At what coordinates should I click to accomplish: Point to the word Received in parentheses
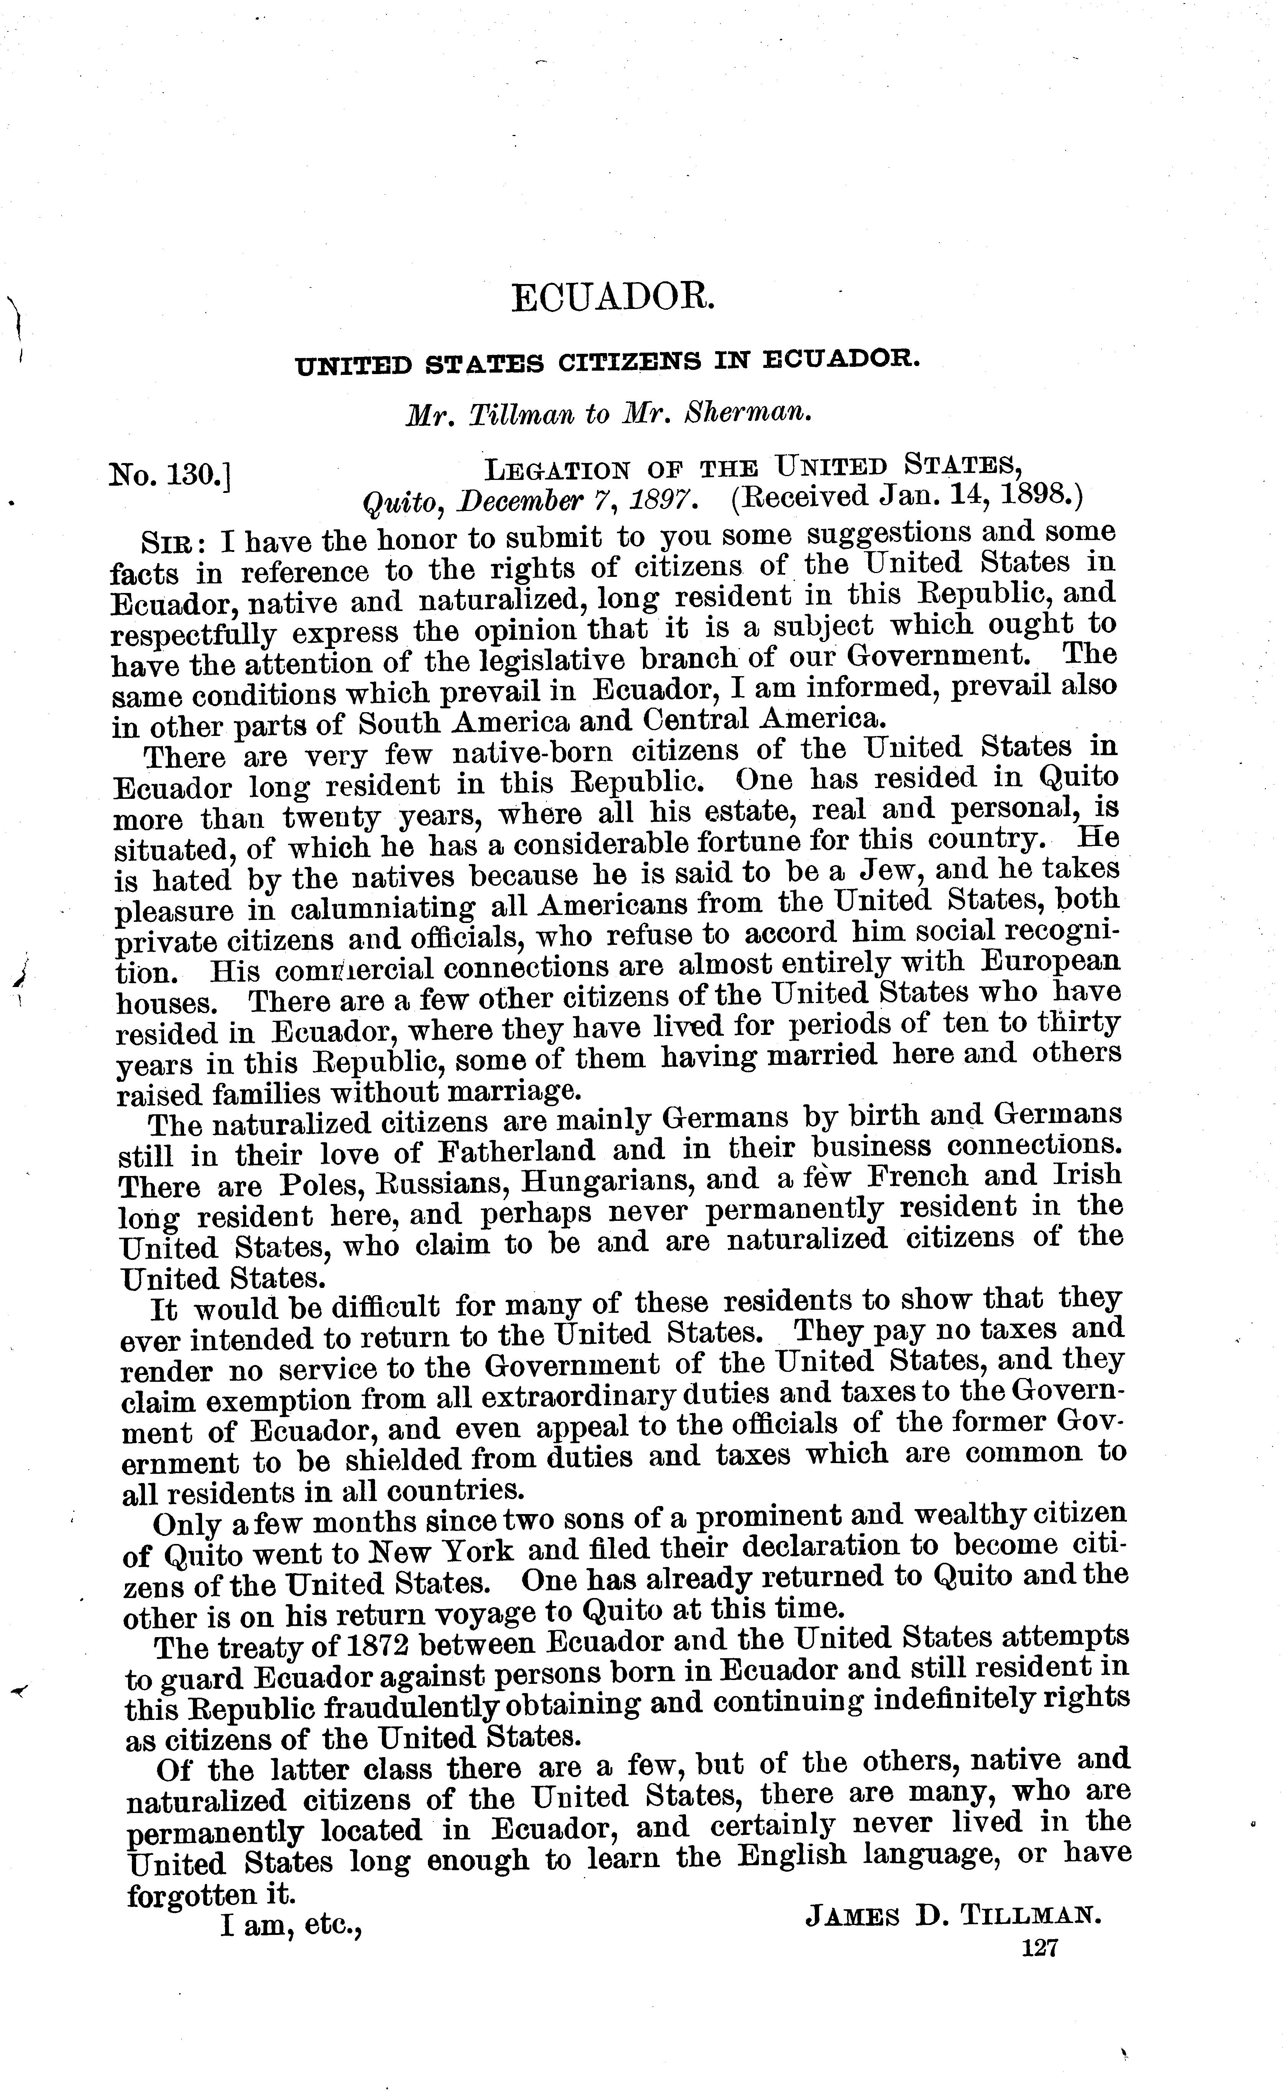coord(809,498)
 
